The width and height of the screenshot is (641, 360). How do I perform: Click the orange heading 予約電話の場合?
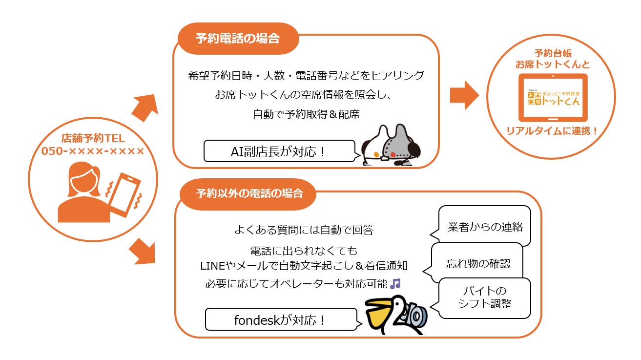click(238, 39)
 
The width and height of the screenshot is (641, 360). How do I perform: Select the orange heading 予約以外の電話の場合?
click(248, 193)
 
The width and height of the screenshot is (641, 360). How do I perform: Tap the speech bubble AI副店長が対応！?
click(279, 151)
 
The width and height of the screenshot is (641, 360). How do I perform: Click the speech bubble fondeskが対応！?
click(280, 320)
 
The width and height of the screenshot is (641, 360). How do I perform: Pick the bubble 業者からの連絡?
click(485, 227)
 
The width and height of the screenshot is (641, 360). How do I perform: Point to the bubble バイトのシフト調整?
click(484, 297)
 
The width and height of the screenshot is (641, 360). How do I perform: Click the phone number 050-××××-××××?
click(93, 151)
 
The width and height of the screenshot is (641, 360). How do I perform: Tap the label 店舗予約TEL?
click(93, 139)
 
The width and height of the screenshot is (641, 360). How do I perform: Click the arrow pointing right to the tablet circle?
click(464, 95)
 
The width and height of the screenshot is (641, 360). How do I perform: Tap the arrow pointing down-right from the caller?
click(144, 252)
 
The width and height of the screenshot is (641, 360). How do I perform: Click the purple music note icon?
click(396, 283)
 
